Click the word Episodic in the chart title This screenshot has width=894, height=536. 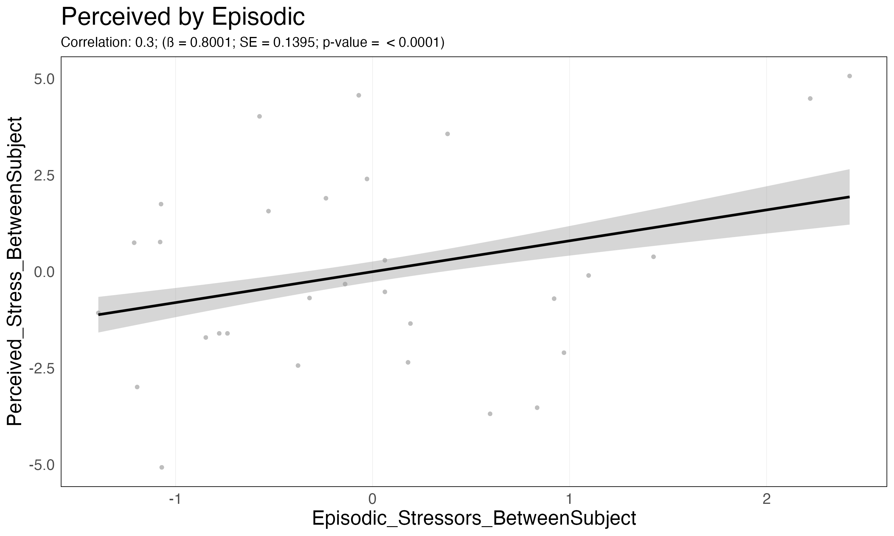coord(258,17)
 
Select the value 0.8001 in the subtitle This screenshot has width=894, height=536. coord(210,43)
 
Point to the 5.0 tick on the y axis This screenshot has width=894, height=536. coord(44,79)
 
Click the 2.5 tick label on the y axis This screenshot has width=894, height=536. coord(44,176)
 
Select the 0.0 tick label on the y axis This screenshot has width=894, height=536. coord(44,272)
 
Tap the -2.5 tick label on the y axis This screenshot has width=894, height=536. coord(41,369)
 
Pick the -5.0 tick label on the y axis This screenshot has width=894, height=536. coord(41,465)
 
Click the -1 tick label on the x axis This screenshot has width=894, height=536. coord(175,499)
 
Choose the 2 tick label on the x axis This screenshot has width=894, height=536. coord(766,499)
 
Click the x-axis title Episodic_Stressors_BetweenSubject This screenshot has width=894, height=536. coord(474,519)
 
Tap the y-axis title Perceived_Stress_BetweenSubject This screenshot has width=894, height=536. coord(15,271)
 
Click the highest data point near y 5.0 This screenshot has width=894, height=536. coord(850,76)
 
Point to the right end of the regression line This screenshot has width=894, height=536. coord(849,197)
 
